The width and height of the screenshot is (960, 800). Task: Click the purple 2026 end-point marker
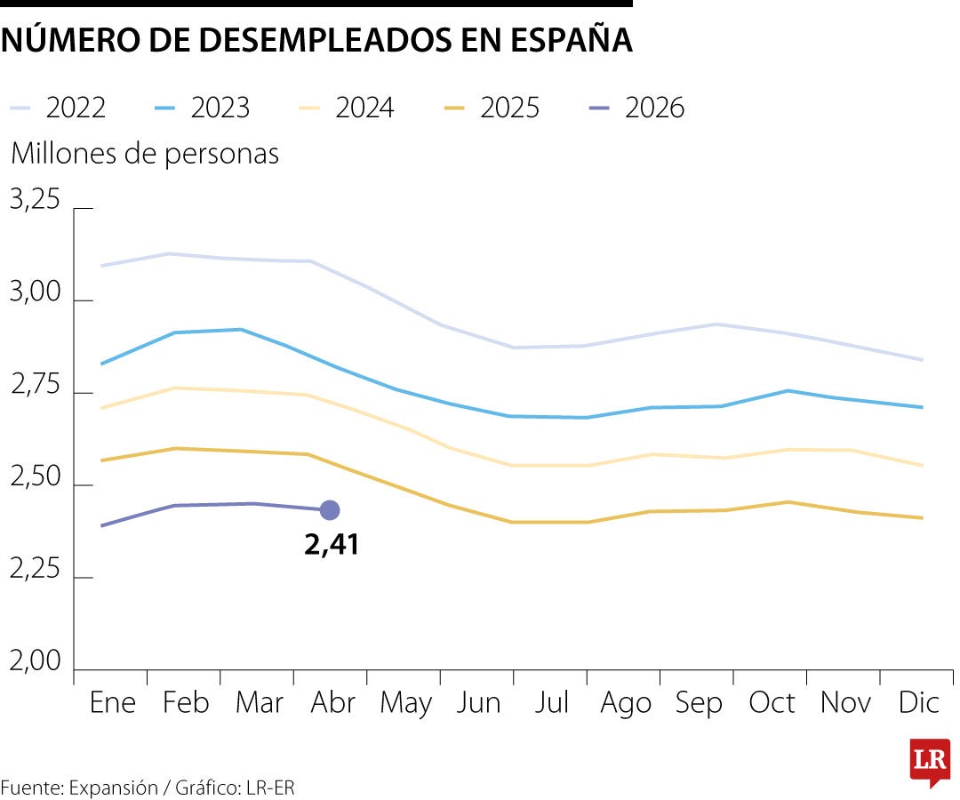(330, 510)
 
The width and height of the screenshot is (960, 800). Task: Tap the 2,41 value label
(332, 544)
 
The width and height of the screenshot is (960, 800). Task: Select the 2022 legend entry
(58, 108)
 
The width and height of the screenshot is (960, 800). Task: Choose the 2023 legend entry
(202, 108)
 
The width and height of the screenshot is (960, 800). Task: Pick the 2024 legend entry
(347, 108)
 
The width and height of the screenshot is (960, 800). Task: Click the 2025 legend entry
(492, 108)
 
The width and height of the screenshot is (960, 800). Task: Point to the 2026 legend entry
(636, 108)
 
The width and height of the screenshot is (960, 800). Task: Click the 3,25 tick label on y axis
(35, 200)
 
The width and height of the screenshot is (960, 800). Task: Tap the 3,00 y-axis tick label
(35, 293)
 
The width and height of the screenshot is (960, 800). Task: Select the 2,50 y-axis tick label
(35, 478)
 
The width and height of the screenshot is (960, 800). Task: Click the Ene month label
(113, 703)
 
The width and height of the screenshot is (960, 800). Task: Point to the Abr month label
(332, 703)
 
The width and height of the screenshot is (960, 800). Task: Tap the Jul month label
(552, 703)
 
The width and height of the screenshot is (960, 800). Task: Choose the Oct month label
(772, 703)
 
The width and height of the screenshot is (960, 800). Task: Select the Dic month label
(918, 703)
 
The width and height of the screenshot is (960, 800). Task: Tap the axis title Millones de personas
(145, 154)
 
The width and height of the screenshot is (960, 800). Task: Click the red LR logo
(930, 762)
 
